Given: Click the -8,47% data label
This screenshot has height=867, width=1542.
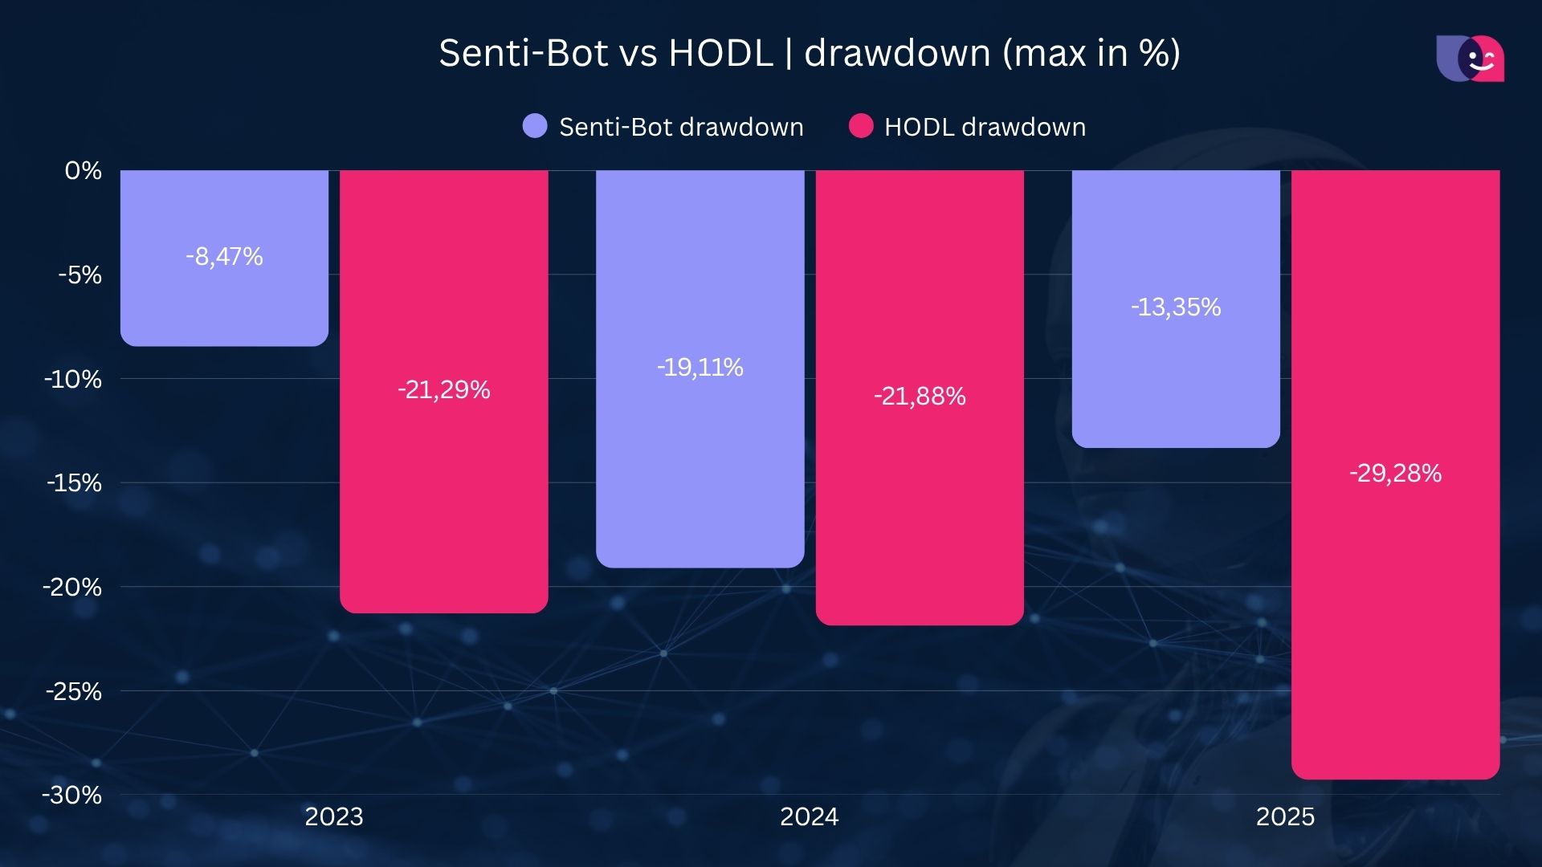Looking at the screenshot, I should [224, 257].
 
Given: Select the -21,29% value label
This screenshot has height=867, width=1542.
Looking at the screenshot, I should [443, 390].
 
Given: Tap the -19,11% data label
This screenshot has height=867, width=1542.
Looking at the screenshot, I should [700, 368].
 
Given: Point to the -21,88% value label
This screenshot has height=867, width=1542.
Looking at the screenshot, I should [920, 397].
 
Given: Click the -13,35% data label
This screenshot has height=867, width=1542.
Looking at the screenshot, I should [1176, 307].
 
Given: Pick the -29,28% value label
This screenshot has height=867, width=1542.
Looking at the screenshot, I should [1395, 474].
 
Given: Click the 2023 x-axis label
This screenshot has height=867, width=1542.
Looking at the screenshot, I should [334, 816].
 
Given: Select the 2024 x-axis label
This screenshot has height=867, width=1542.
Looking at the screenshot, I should [810, 816].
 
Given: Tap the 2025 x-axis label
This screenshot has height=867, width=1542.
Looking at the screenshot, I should [1285, 816].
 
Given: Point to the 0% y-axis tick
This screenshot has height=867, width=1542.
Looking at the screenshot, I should [84, 171].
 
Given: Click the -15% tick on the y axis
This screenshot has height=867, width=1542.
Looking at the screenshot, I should [74, 483].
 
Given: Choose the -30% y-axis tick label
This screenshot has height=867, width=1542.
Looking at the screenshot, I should [72, 796].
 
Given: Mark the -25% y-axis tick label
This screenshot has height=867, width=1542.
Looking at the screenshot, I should [74, 691].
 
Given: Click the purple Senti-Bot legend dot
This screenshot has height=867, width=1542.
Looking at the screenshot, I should [535, 126].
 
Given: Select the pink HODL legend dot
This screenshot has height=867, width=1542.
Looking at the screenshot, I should [861, 126].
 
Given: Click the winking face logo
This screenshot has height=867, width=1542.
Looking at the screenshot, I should [1471, 59].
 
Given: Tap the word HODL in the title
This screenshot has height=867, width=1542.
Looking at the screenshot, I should [720, 53].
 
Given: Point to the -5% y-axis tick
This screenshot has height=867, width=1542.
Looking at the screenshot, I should [80, 275].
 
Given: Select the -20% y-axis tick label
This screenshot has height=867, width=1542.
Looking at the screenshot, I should [72, 588].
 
